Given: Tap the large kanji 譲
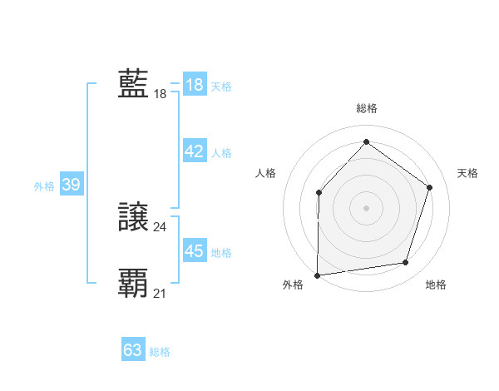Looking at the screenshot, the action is [133, 217].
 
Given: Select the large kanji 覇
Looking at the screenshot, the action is [133, 284].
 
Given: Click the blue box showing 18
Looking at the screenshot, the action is [195, 85].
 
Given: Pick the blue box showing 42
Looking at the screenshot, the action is [195, 151].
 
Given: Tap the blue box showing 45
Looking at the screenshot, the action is [195, 251].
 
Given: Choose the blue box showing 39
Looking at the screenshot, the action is [71, 185].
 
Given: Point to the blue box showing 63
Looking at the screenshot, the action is [133, 350].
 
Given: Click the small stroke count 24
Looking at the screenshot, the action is [160, 226].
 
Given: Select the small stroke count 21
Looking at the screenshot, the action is [160, 293].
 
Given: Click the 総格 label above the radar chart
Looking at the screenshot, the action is [367, 108].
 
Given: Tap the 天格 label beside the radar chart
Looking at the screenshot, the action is [467, 173].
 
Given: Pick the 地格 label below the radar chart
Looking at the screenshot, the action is [436, 285].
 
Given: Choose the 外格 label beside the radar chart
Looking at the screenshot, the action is [293, 285].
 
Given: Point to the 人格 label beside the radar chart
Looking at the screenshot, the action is [265, 173].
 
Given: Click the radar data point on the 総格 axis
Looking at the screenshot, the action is [366, 141].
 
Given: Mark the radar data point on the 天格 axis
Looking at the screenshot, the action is [429, 187].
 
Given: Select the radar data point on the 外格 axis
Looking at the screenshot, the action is [317, 275].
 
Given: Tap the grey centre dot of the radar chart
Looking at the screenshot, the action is [366, 207].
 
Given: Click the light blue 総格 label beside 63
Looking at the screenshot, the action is [160, 352].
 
